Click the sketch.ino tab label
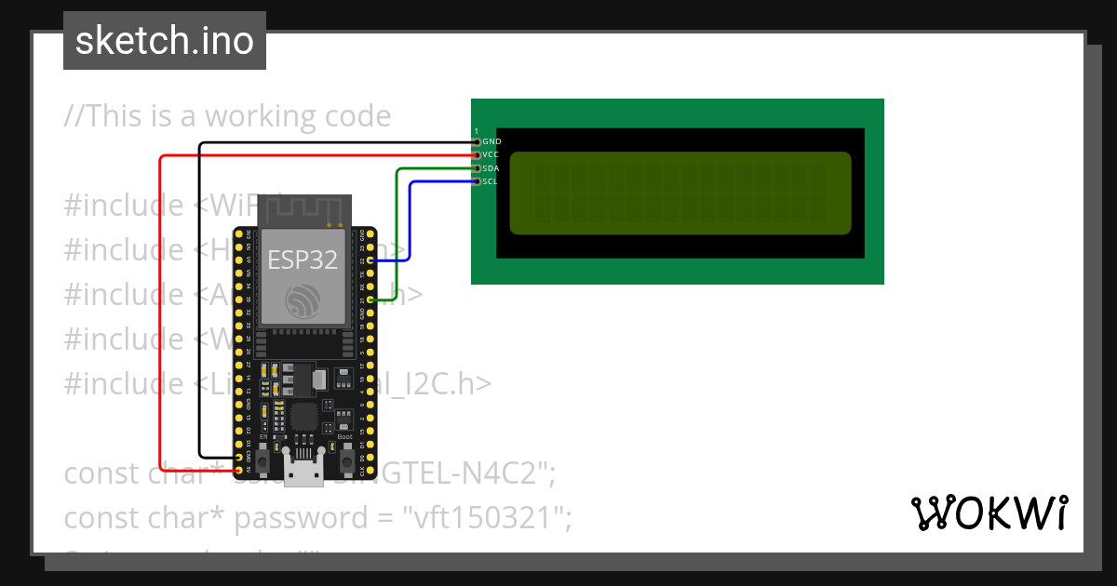click(164, 41)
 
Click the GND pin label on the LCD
click(491, 141)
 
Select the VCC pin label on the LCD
click(491, 154)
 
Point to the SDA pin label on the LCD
click(491, 168)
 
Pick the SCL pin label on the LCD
click(490, 181)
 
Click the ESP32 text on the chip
click(303, 260)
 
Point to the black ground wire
click(200, 298)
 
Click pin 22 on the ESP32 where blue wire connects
click(371, 261)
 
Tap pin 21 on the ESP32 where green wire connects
click(371, 300)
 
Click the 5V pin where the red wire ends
click(239, 472)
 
